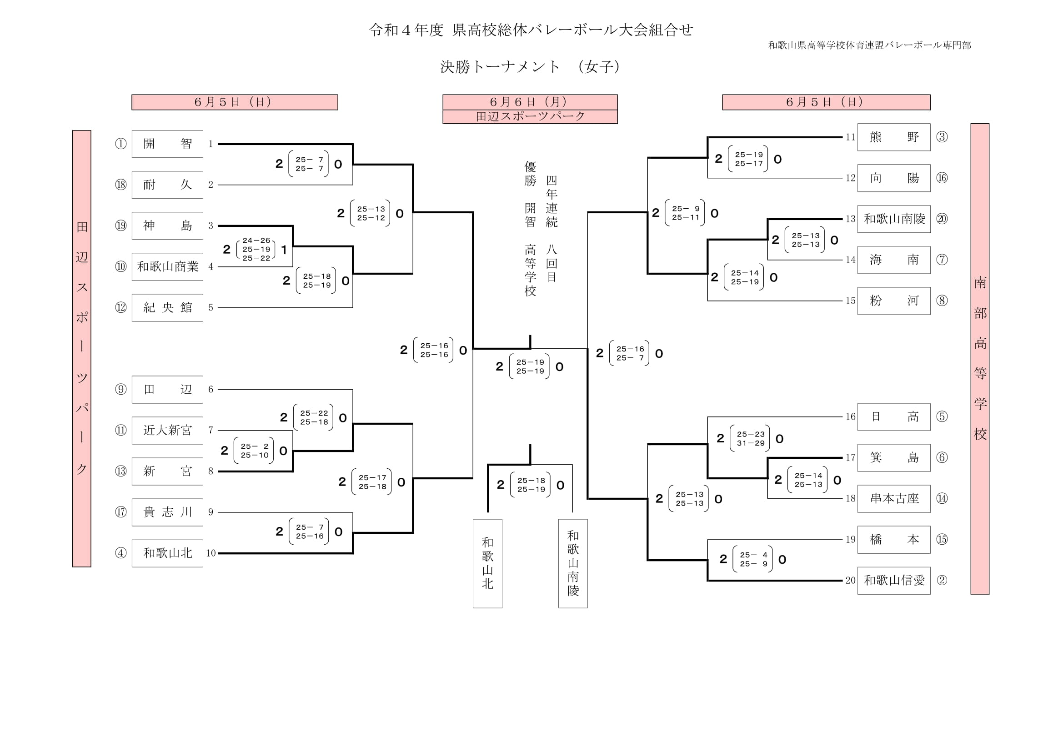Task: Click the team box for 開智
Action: [167, 144]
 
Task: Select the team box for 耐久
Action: [167, 185]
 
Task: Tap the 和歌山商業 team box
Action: [167, 267]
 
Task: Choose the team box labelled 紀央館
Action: [167, 307]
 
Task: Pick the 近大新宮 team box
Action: [167, 430]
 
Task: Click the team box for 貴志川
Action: [167, 512]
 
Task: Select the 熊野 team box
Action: [893, 137]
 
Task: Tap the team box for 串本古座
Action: [893, 499]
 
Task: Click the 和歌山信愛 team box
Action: [893, 580]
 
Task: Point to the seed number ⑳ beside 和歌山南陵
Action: [942, 219]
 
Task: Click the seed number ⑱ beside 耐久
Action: [121, 185]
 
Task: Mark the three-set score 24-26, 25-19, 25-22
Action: [256, 250]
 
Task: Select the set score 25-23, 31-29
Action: [751, 438]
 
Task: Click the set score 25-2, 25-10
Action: [254, 451]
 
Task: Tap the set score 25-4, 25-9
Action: [753, 559]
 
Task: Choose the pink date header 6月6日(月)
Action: [530, 102]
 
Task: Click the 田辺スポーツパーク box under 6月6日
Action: [530, 117]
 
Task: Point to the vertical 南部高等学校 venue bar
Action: [980, 358]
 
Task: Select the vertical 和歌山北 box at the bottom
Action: [487, 563]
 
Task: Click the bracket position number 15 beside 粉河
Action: [851, 301]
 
